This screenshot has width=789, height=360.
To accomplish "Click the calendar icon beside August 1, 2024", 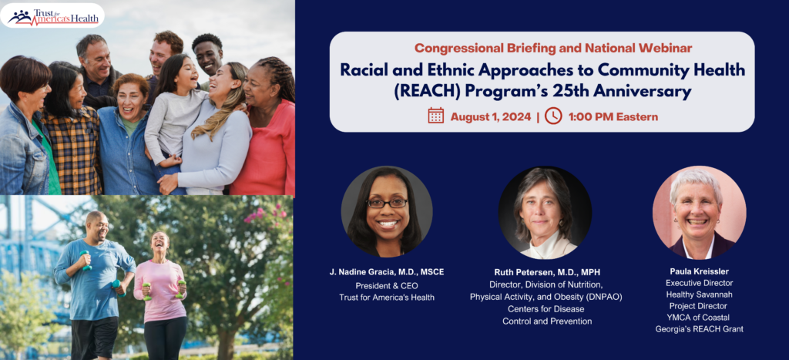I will (436, 116).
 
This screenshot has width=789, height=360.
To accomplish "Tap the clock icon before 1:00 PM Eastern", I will (552, 116).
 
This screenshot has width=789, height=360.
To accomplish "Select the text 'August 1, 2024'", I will (491, 117).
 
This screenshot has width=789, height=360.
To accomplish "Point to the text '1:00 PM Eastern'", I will (613, 117).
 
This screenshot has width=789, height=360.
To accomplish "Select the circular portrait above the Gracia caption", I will (387, 211).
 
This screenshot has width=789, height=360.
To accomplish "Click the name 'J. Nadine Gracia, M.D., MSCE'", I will (387, 272).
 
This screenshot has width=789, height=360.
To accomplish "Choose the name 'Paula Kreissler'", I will (699, 272).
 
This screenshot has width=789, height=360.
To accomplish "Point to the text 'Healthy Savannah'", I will (699, 294).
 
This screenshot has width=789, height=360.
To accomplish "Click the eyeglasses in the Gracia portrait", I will (387, 203).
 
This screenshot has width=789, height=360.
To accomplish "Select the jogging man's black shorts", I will (93, 337).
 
